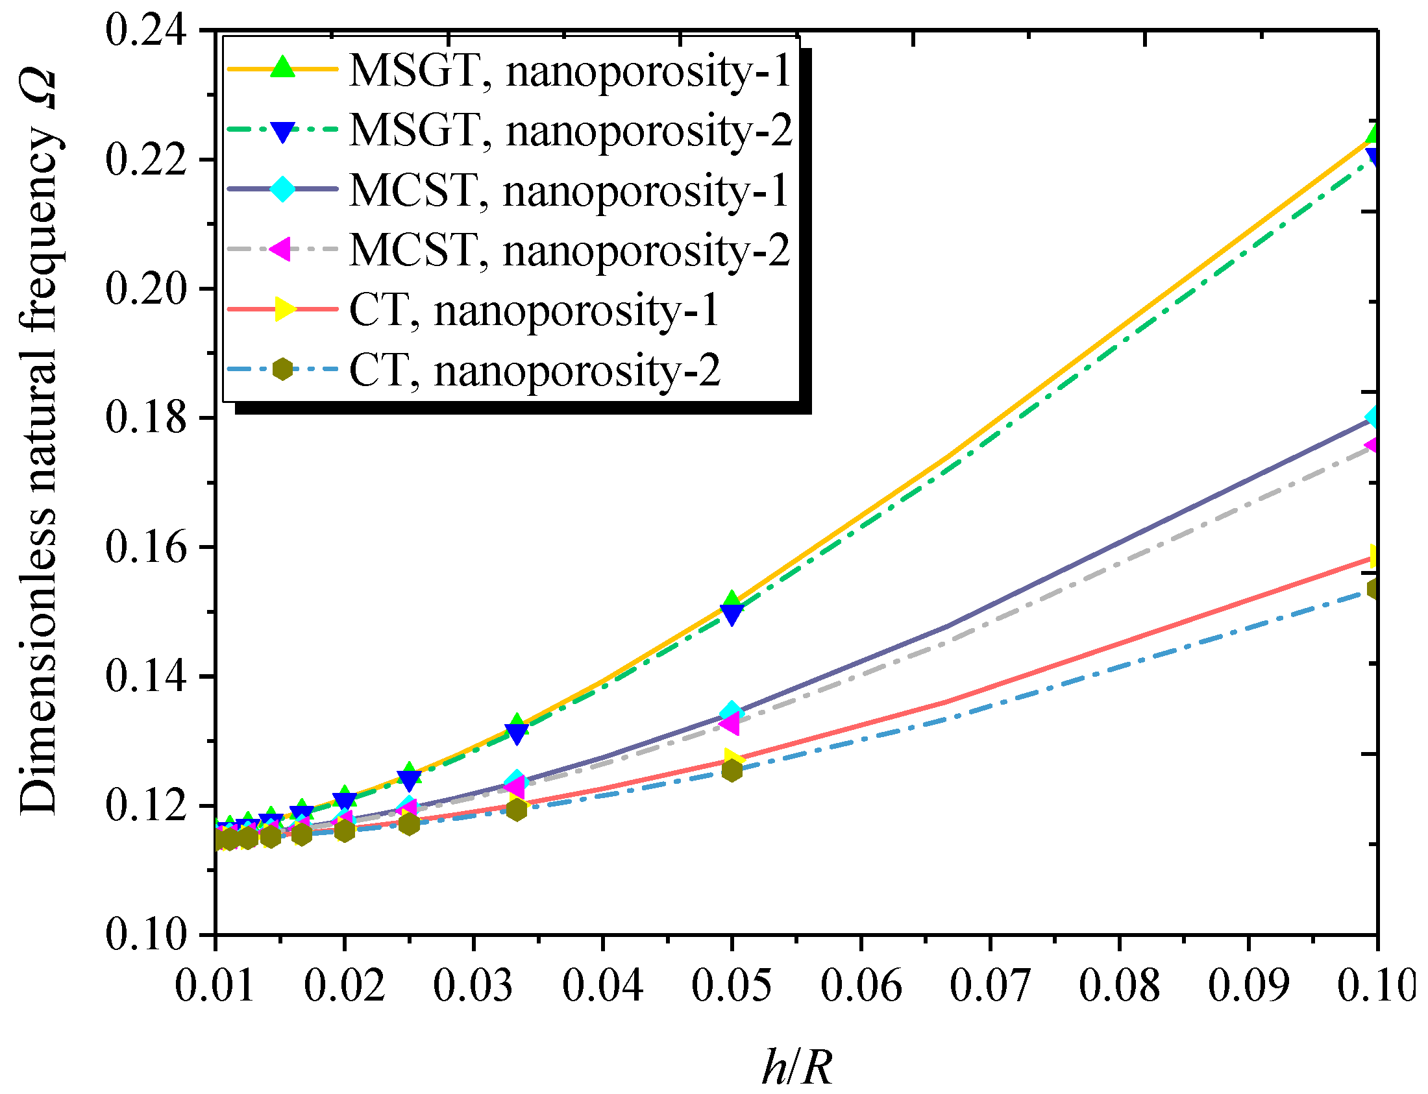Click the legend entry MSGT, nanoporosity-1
point(570,69)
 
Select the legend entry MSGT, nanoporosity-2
point(570,130)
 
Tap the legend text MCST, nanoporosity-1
point(569,190)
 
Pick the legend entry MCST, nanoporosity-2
point(569,250)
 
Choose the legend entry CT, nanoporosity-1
point(534,310)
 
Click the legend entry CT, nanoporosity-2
point(534,370)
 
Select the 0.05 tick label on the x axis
point(731,984)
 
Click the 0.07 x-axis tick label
point(990,984)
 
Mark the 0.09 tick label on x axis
point(1248,984)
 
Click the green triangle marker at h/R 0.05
point(732,600)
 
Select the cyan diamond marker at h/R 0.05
point(732,712)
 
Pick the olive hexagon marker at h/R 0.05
point(732,771)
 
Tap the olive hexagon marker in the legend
point(282,369)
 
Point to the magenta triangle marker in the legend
point(281,249)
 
